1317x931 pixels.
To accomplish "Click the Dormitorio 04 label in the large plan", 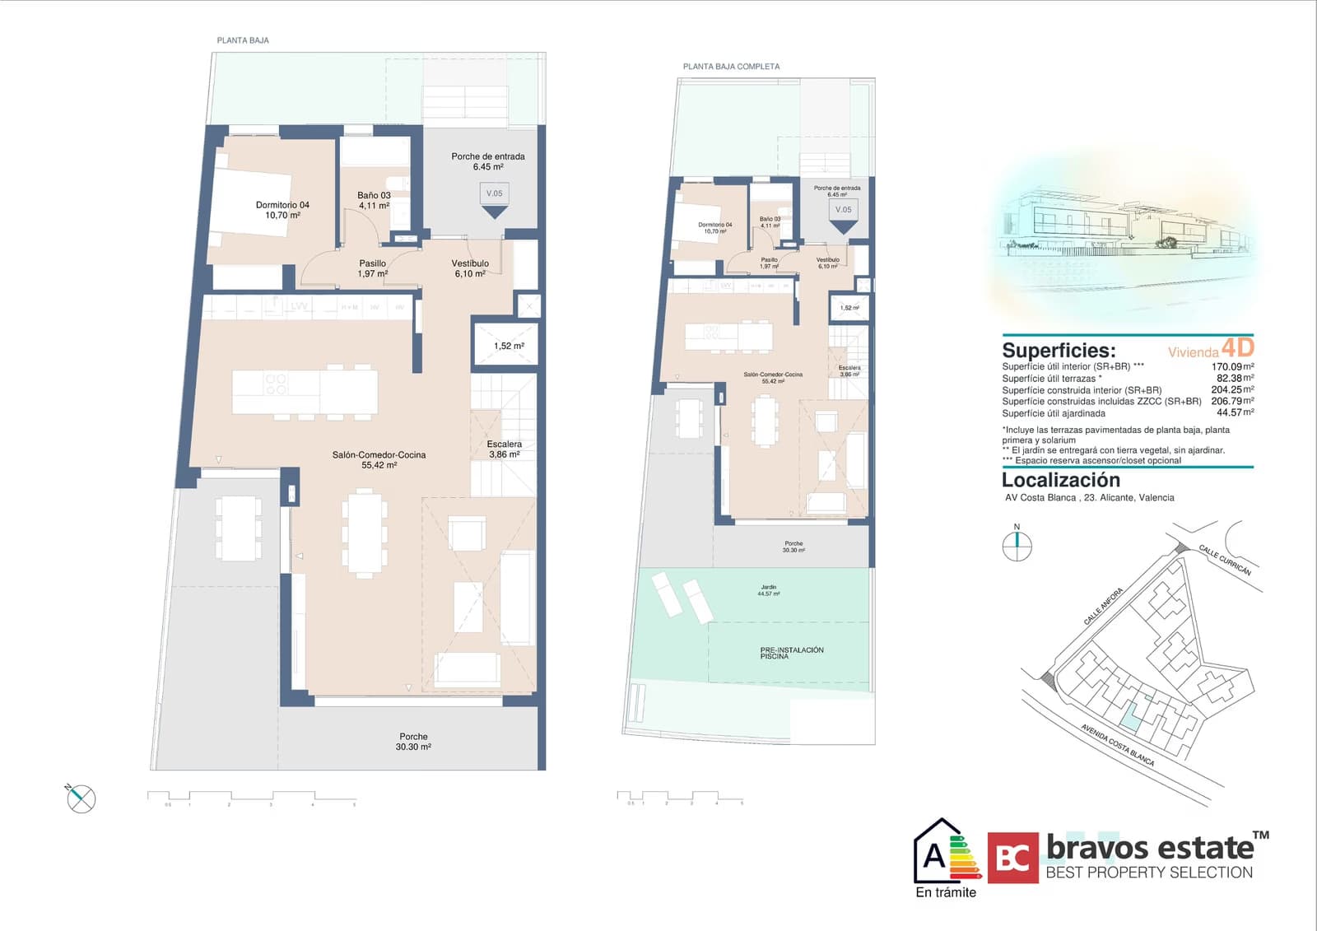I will click(282, 210).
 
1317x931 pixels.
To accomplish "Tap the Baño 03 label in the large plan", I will click(374, 201).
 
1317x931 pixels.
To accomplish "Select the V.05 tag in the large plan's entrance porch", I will click(494, 194).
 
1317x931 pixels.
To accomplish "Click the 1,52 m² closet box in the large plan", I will click(508, 346).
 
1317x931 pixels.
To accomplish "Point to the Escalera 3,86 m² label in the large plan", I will click(504, 449).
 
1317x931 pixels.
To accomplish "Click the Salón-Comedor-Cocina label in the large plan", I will click(379, 459).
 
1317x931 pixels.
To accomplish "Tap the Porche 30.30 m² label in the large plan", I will click(413, 742).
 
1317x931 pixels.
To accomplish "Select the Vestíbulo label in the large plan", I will click(470, 268).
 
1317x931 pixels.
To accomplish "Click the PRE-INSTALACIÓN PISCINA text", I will click(791, 653).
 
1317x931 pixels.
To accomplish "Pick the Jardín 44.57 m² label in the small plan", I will click(769, 590).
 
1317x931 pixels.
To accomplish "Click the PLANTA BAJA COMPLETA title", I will click(731, 67).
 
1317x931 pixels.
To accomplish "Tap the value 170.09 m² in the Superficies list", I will click(1231, 367).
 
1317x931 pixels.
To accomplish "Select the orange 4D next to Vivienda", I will click(1237, 347).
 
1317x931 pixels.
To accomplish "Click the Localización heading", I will click(1060, 480).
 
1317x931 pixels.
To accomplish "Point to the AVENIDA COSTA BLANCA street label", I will click(1117, 745).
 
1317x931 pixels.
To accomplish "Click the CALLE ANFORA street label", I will click(1102, 607).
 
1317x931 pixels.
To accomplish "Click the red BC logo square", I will click(1012, 858).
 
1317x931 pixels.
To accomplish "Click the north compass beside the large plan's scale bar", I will click(81, 798).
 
